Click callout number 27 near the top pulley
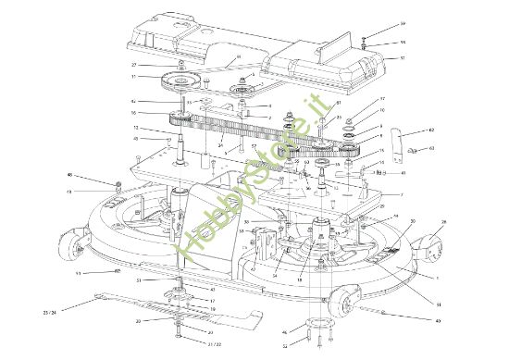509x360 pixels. point(133,65)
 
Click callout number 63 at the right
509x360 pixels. point(432,147)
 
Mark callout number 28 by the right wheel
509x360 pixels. point(443,223)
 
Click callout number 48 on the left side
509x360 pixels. point(94,175)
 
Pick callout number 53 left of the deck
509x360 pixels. point(78,274)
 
